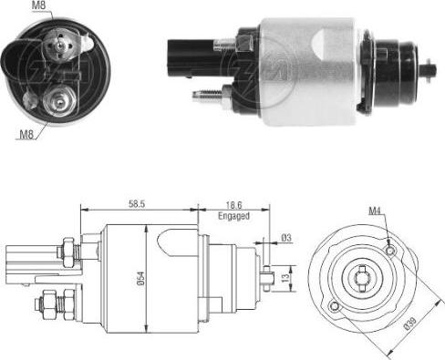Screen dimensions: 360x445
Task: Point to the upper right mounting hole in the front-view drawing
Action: tap(391, 248)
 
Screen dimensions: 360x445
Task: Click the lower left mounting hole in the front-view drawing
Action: tap(335, 306)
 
